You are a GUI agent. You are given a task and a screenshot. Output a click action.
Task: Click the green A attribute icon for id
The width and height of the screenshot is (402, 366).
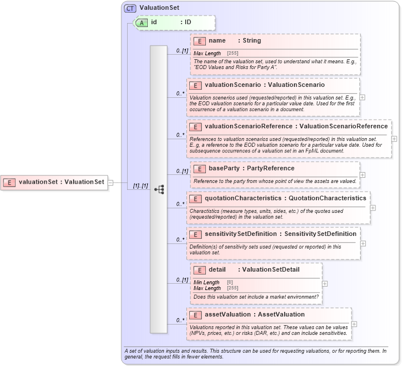point(141,22)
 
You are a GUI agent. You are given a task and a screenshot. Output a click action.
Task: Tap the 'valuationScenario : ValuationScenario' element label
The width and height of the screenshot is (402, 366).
point(265,85)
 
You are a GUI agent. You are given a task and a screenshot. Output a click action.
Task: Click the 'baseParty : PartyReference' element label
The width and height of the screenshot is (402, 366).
point(251,169)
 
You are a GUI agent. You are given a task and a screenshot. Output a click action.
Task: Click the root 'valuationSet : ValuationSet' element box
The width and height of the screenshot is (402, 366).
point(54,182)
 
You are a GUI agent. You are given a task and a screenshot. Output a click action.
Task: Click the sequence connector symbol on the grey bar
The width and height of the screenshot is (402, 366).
point(159,189)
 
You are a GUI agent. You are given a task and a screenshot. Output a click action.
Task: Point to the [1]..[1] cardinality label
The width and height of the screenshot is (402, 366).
point(141,186)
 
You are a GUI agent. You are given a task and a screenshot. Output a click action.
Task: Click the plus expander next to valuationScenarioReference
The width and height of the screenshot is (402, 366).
point(394,138)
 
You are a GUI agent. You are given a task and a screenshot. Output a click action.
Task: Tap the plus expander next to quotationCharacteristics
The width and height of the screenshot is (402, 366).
point(373,207)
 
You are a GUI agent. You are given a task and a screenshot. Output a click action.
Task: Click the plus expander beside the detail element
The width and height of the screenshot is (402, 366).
point(325,283)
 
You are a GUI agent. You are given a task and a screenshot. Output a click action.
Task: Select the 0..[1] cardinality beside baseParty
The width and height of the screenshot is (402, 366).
point(182,171)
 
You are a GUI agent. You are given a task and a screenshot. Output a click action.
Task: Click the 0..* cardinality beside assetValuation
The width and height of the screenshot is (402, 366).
point(180,320)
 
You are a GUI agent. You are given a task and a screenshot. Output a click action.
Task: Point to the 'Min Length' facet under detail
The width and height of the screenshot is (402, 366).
point(206,282)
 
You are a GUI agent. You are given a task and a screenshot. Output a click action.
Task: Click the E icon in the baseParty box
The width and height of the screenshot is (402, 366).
point(199,169)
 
